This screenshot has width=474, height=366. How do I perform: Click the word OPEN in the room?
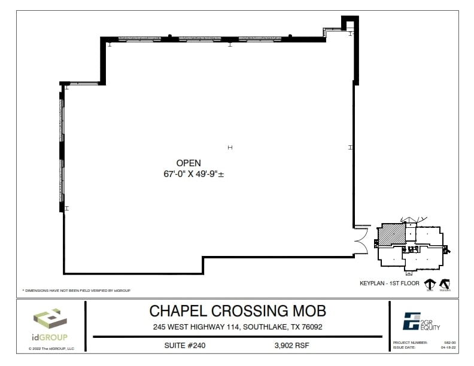point(188,163)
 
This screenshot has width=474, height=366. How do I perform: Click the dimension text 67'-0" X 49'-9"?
point(189,174)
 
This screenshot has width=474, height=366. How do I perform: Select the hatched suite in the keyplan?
point(391,234)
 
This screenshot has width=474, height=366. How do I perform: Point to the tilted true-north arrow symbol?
point(445,284)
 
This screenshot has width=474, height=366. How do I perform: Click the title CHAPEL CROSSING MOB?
point(237,311)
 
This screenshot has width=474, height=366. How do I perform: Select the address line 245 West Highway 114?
point(237,327)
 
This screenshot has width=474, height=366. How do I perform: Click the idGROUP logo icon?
point(50,319)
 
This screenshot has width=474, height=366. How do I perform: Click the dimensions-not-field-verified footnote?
point(76,290)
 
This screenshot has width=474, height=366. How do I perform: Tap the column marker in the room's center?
point(230,147)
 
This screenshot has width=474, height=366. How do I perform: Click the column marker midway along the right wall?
point(351,147)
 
